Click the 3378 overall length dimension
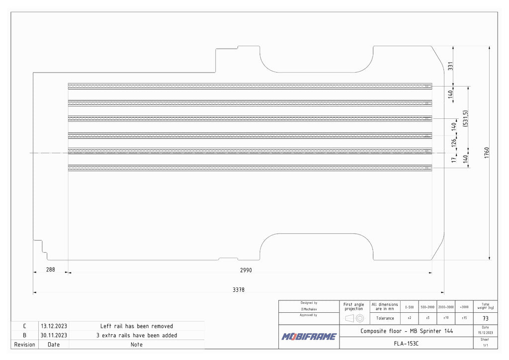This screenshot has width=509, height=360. (x=239, y=290)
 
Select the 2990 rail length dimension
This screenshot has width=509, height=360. (x=246, y=270)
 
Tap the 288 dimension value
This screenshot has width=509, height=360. (x=51, y=270)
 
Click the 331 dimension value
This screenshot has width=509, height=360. (x=450, y=66)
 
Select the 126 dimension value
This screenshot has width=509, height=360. (x=453, y=143)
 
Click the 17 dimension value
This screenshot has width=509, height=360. (x=453, y=160)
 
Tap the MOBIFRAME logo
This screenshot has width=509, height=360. (x=309, y=337)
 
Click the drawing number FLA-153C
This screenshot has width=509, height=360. (x=406, y=343)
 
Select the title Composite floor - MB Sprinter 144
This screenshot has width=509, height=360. (x=406, y=331)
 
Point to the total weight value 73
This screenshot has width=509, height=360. (x=485, y=319)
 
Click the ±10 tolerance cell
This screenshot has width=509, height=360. (x=445, y=318)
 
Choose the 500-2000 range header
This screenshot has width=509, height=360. (x=427, y=307)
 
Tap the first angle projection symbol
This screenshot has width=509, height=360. (x=354, y=318)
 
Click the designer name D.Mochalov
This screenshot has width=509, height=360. (x=309, y=309)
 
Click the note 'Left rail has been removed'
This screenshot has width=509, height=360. (x=136, y=326)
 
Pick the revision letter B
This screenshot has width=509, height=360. (x=24, y=335)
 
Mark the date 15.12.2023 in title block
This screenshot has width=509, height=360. (x=485, y=332)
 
